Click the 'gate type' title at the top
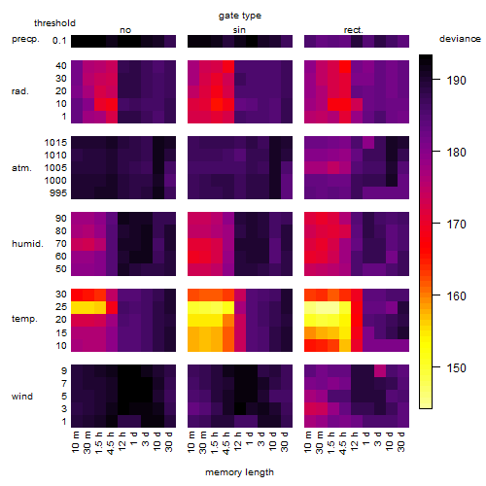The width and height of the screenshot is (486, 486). coord(240,16)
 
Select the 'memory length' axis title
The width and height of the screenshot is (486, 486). coord(239,472)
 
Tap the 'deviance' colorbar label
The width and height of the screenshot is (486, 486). coord(460,39)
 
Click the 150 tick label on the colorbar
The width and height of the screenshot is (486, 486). coord(456,367)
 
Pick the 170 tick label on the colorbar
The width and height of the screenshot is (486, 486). coord(456,224)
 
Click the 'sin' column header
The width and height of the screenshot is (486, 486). coord(239,30)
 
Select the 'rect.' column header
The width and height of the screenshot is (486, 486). coord(354,30)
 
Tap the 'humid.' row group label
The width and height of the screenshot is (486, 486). coord(27,244)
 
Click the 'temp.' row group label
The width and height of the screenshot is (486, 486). coord(24,319)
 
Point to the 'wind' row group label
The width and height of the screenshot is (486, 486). coord(22,397)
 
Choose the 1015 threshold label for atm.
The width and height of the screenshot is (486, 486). coord(55,142)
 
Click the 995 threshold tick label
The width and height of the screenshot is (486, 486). coord(58,192)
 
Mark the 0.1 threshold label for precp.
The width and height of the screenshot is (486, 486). coord(59,41)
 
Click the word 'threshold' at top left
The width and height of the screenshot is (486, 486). coord(54,23)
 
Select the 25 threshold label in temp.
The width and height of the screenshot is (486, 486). coord(61,306)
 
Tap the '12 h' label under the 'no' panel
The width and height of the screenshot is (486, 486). coord(122,441)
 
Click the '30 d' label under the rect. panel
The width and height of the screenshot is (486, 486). coord(401,441)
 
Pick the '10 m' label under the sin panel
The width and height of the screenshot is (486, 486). coord(192,441)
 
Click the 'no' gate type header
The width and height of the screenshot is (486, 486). coord(125,30)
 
